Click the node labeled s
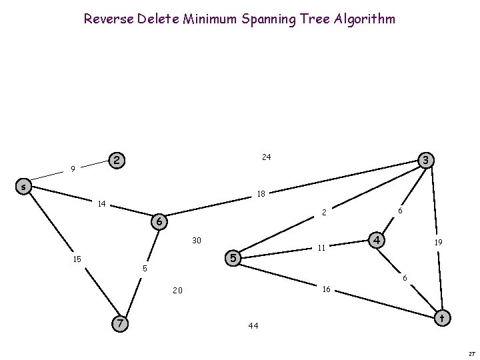[23, 187]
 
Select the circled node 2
[117, 161]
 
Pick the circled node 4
[377, 239]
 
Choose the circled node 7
[119, 323]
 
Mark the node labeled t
[441, 319]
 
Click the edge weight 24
[266, 157]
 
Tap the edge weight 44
[253, 326]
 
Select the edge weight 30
[197, 240]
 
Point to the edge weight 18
[261, 194]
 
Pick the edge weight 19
[439, 244]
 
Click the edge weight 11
[321, 248]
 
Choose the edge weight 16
[326, 289]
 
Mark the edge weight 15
[77, 259]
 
